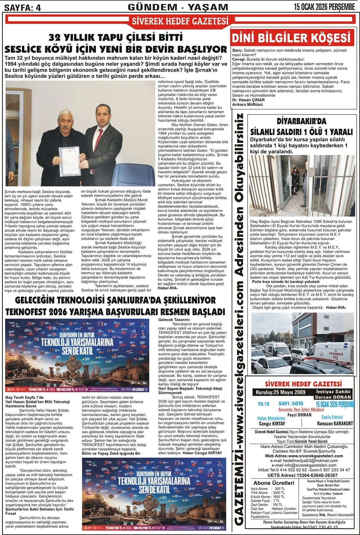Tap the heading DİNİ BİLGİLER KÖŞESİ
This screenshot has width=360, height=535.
pos(292,38)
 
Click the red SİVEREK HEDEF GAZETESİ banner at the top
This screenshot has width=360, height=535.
pos(180,21)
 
